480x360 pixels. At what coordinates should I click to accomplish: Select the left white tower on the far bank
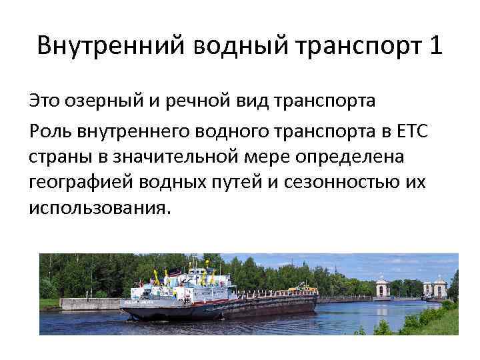coord(382,287)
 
